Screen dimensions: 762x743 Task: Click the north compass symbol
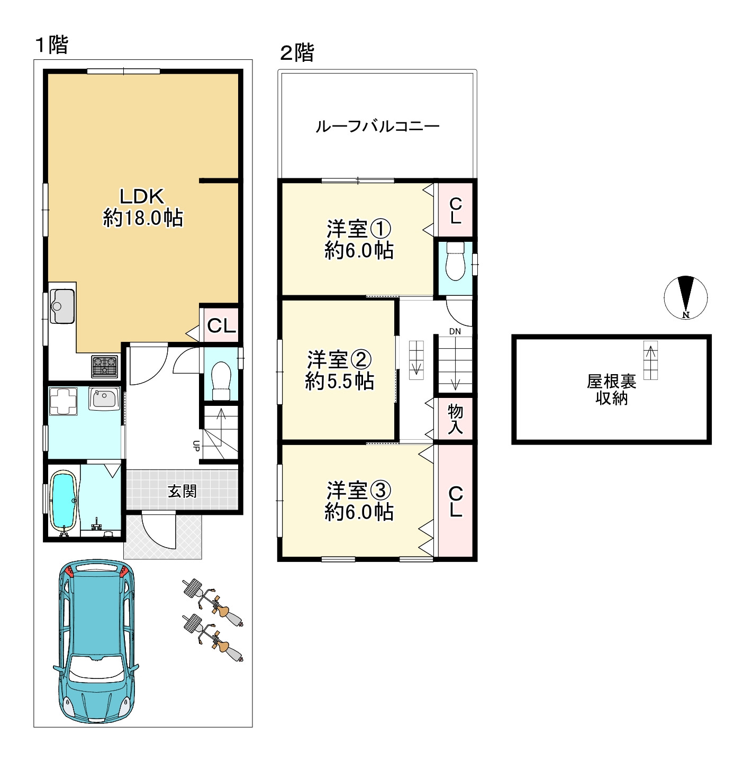pyautogui.click(x=686, y=298)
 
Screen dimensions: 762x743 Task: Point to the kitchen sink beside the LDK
pyautogui.click(x=62, y=306)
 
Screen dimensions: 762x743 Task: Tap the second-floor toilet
pyautogui.click(x=455, y=260)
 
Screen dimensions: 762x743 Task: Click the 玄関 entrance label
pyautogui.click(x=183, y=492)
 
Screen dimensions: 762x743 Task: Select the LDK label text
pyautogui.click(x=142, y=197)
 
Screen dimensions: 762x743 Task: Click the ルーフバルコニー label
pyautogui.click(x=377, y=126)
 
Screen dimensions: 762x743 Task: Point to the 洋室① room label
pyautogui.click(x=359, y=230)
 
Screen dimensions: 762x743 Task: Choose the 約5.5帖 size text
pyautogui.click(x=340, y=382)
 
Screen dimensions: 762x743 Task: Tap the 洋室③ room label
pyautogui.click(x=359, y=491)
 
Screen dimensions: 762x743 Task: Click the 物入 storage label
pyautogui.click(x=455, y=419)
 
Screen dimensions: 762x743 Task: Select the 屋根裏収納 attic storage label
pyautogui.click(x=611, y=389)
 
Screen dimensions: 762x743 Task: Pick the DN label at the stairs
pyautogui.click(x=455, y=332)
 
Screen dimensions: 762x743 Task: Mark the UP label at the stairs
pyautogui.click(x=196, y=446)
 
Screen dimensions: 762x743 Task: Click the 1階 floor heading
pyautogui.click(x=52, y=45)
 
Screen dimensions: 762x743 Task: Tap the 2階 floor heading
pyautogui.click(x=297, y=53)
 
